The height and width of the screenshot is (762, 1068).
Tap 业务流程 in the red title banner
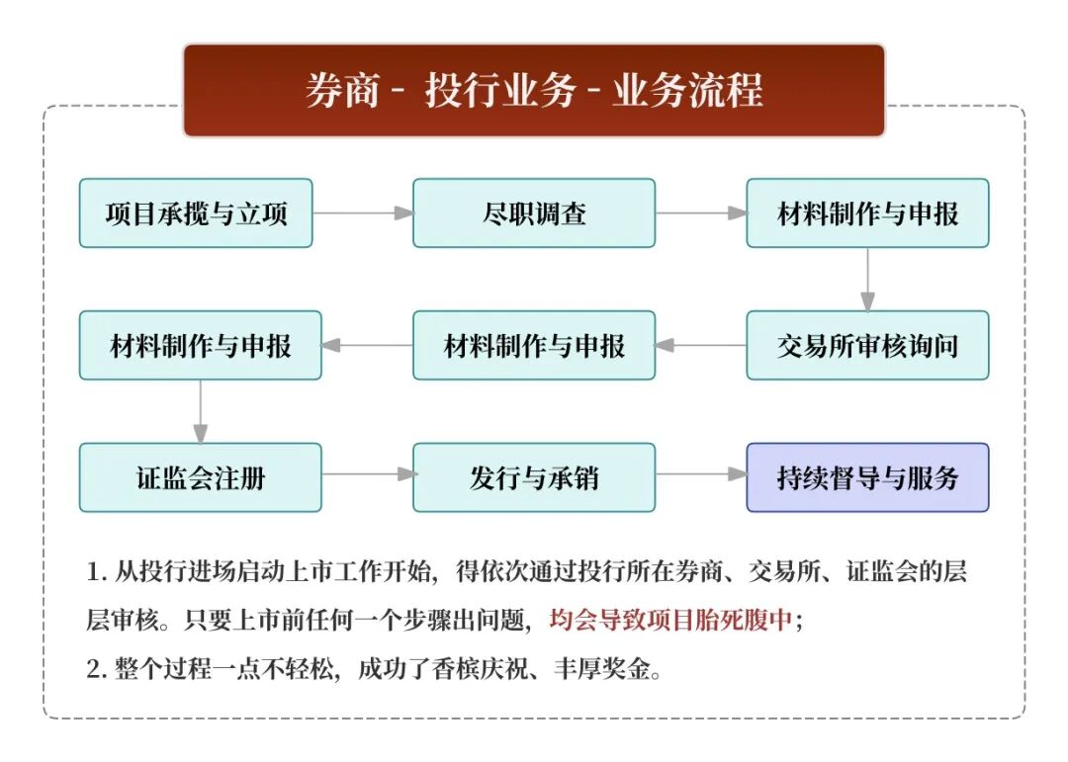click(x=688, y=91)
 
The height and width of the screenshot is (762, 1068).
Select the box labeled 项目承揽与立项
click(x=196, y=213)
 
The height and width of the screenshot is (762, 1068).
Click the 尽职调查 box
click(x=534, y=213)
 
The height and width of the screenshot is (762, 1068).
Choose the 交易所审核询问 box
click(x=867, y=346)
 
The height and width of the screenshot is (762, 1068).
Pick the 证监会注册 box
click(x=201, y=478)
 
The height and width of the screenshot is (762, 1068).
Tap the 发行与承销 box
click(x=534, y=478)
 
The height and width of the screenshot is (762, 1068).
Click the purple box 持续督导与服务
click(x=867, y=478)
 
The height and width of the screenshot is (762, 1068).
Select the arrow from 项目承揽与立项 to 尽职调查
click(x=362, y=213)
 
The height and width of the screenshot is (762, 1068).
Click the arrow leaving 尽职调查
click(x=700, y=213)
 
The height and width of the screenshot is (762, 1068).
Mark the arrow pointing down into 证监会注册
click(x=201, y=412)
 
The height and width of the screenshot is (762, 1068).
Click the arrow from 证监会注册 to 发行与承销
click(x=367, y=474)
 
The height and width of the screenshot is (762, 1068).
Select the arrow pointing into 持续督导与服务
click(x=700, y=474)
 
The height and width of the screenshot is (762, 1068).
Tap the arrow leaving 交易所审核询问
click(x=700, y=346)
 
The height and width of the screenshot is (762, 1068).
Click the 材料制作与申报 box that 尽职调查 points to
click(x=867, y=213)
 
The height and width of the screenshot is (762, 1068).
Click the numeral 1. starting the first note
click(x=96, y=572)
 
